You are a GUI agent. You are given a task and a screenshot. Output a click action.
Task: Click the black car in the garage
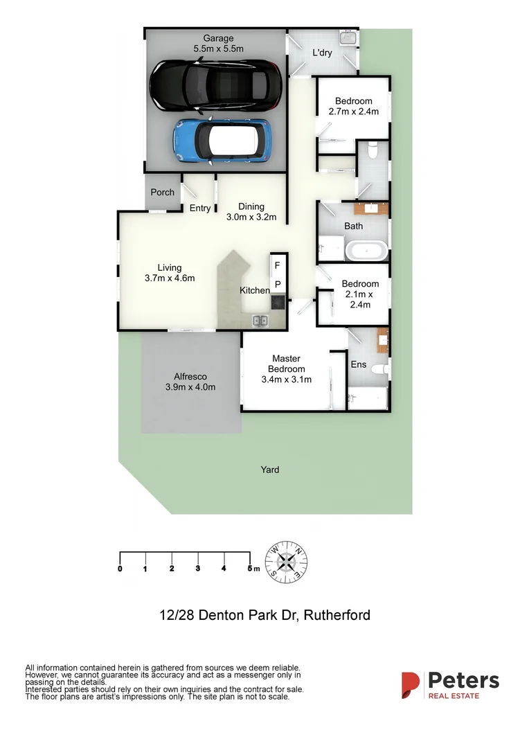click(x=215, y=85)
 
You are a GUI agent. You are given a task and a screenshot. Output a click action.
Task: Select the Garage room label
click(x=218, y=44)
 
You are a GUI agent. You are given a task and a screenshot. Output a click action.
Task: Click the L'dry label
click(x=323, y=53)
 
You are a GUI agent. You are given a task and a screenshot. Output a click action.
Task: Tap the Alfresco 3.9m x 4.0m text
click(x=190, y=382)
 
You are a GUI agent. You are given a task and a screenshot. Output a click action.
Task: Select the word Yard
click(x=270, y=470)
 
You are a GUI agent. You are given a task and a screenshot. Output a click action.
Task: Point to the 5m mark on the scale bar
click(x=251, y=569)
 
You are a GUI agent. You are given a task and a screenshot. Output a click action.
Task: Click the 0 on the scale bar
click(x=120, y=569)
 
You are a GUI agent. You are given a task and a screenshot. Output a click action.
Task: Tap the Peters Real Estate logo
click(x=450, y=684)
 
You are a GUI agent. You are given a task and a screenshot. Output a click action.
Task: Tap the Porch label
click(x=163, y=193)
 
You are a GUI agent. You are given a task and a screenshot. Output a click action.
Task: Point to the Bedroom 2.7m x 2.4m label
click(x=353, y=106)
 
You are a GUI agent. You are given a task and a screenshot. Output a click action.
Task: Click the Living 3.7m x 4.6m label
click(x=170, y=273)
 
